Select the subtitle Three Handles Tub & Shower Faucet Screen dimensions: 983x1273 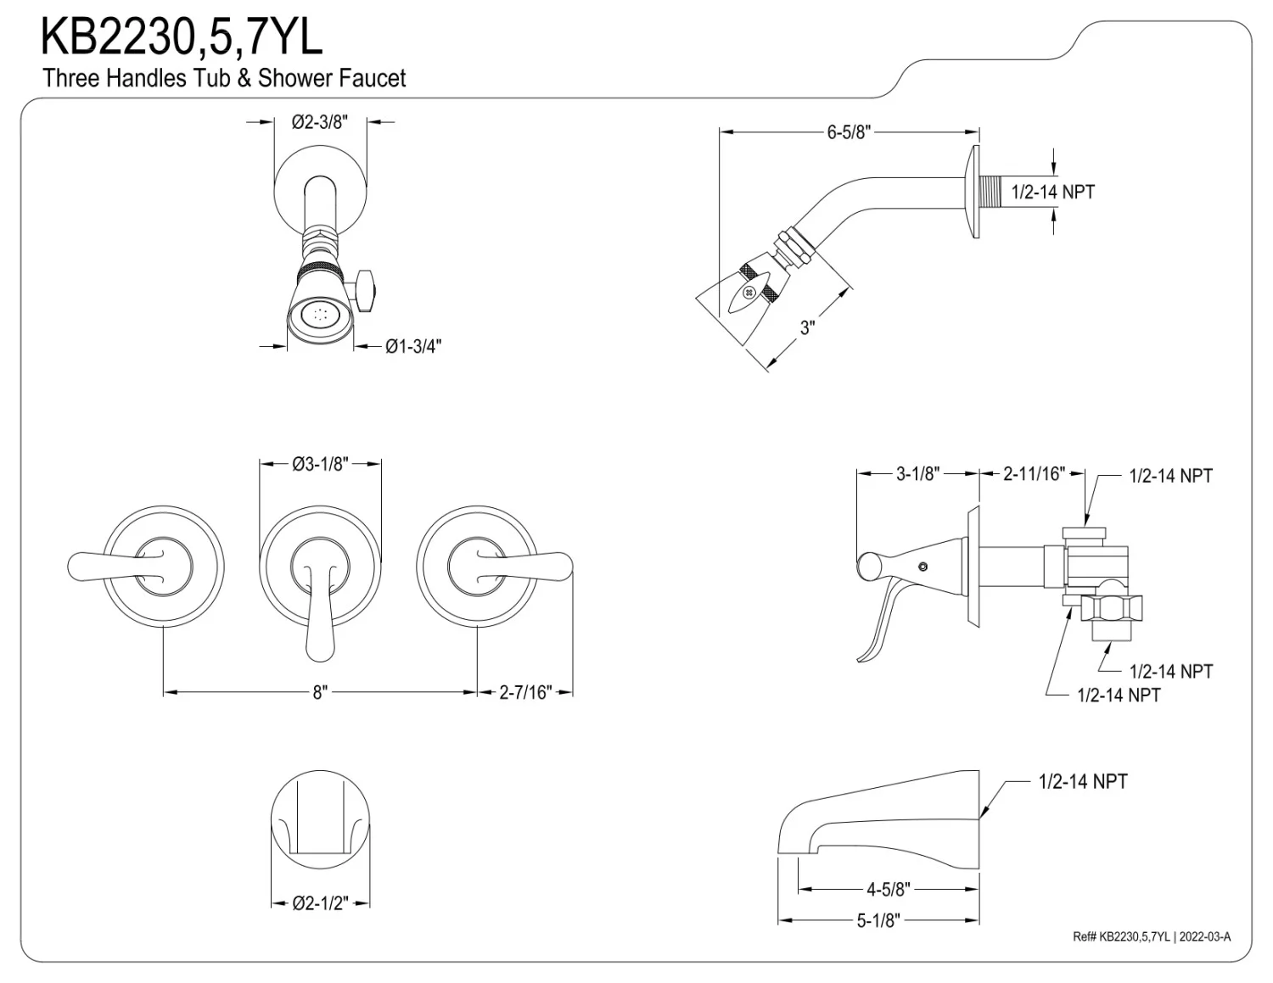(x=224, y=79)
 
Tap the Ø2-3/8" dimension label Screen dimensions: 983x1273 (x=320, y=122)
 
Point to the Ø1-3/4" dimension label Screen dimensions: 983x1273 (x=413, y=346)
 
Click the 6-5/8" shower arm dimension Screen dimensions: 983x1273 (x=849, y=132)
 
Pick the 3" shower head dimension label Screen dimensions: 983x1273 (x=807, y=327)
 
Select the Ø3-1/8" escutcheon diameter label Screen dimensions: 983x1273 (x=320, y=464)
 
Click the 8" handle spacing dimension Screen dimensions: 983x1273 (x=319, y=693)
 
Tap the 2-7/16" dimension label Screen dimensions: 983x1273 (x=525, y=693)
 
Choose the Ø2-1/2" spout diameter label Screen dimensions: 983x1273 (x=320, y=903)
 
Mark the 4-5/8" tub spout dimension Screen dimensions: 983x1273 (x=888, y=889)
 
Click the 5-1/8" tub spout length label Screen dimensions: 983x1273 (x=878, y=920)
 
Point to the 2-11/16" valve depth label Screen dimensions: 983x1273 (x=1033, y=474)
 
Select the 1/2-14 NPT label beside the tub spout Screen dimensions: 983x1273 (x=1083, y=781)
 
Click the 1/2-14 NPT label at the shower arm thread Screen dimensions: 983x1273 (x=1052, y=192)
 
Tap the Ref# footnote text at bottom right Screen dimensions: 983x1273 (x=1151, y=936)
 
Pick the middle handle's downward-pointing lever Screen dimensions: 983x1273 (x=319, y=611)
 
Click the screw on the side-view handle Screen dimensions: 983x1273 (x=923, y=566)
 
